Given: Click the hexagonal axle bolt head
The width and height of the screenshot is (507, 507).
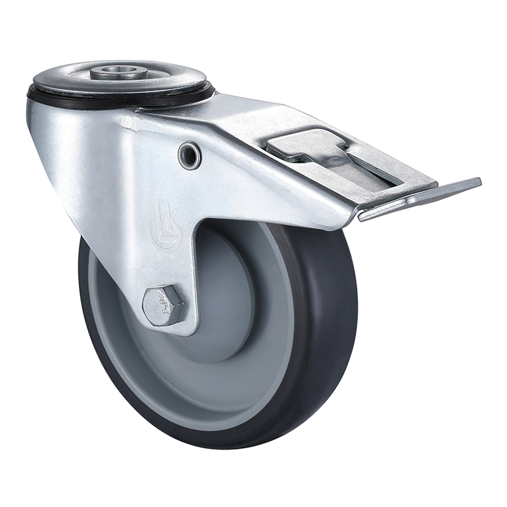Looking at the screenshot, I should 164,305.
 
